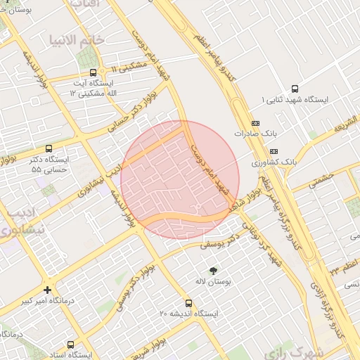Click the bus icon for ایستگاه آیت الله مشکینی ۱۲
(94, 73)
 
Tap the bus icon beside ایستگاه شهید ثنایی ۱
(294, 89)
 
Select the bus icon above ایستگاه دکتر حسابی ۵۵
(49, 148)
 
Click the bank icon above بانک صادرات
(255, 122)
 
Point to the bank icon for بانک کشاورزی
(274, 151)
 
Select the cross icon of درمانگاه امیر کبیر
(47, 290)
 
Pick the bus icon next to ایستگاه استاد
(70, 345)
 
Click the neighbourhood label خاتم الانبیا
(78, 39)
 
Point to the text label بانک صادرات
(252, 133)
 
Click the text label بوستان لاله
(214, 281)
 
